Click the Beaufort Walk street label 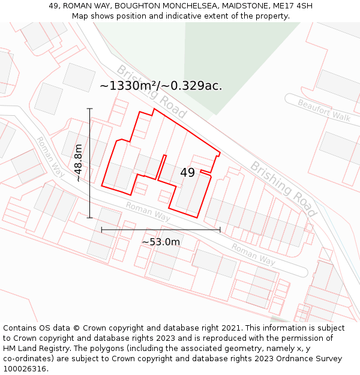point(324,110)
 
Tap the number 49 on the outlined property point(187,173)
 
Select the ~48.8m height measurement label point(78,163)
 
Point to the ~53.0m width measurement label point(161,242)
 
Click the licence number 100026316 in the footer point(25,369)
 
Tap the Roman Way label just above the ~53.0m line point(148,211)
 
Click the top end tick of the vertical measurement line point(90,109)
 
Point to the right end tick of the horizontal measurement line point(220,229)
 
